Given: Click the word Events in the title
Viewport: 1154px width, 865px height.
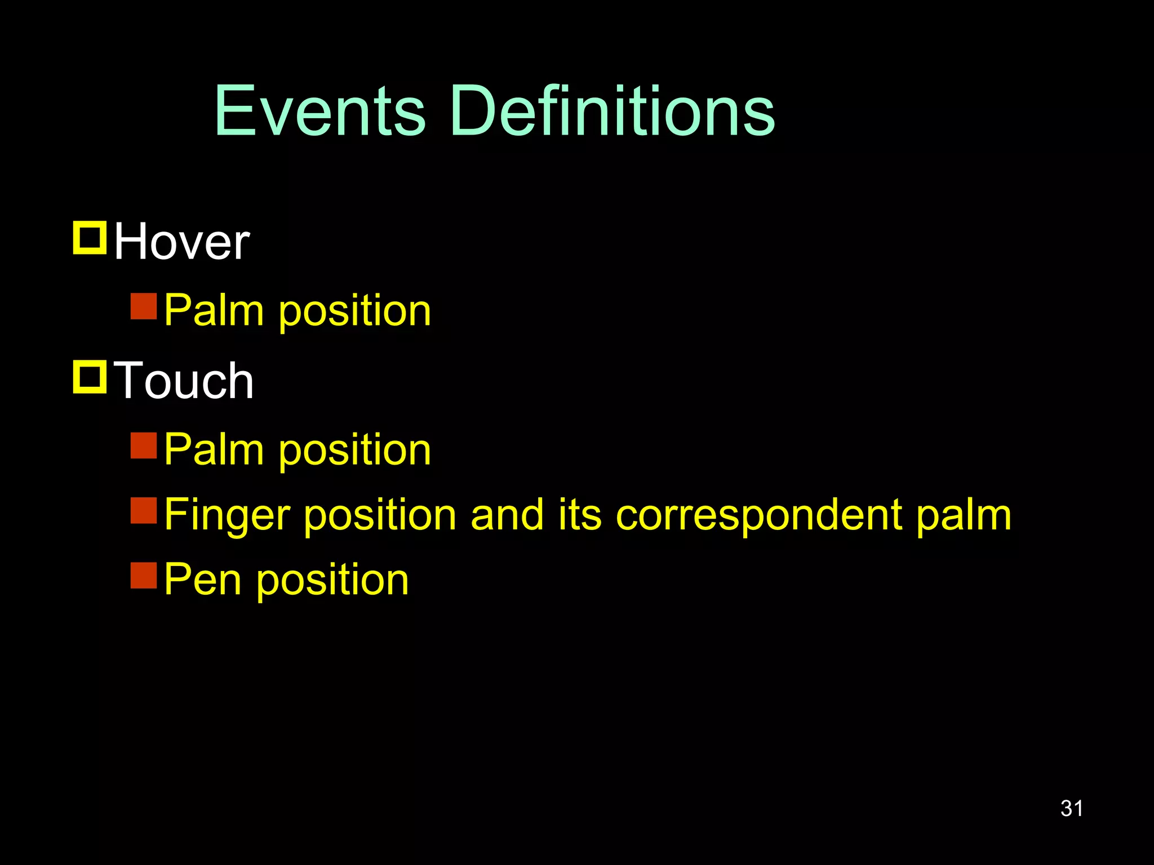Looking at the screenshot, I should pyautogui.click(x=319, y=111).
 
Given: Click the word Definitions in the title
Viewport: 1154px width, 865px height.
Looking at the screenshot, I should pyautogui.click(x=612, y=111).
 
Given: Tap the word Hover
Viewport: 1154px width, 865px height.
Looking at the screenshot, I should pyautogui.click(x=181, y=242).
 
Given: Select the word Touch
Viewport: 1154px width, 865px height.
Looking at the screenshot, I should pyautogui.click(x=184, y=381).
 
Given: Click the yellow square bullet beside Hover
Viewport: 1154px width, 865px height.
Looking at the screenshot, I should pyautogui.click(x=90, y=238).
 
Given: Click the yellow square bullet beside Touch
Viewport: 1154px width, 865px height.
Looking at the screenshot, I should pyautogui.click(x=90, y=377).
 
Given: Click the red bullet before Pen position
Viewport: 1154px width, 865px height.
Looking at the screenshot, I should pyautogui.click(x=144, y=575).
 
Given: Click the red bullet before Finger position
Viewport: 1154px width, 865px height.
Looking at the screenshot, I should pyautogui.click(x=144, y=510).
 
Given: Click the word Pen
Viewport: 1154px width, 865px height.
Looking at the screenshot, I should pyautogui.click(x=203, y=579).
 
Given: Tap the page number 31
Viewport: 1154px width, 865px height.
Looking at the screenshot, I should pyautogui.click(x=1071, y=809).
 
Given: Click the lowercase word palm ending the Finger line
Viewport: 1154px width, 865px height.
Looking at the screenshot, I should pyautogui.click(x=964, y=515).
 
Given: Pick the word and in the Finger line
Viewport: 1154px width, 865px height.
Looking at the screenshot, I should pyautogui.click(x=507, y=515).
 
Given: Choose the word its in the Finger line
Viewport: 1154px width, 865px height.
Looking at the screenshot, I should pyautogui.click(x=580, y=515).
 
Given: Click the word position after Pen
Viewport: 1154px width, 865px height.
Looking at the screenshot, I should pyautogui.click(x=332, y=579).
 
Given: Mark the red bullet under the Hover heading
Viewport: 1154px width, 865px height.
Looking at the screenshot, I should pyautogui.click(x=144, y=306).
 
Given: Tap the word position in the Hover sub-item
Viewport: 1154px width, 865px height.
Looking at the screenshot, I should pyautogui.click(x=355, y=310).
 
